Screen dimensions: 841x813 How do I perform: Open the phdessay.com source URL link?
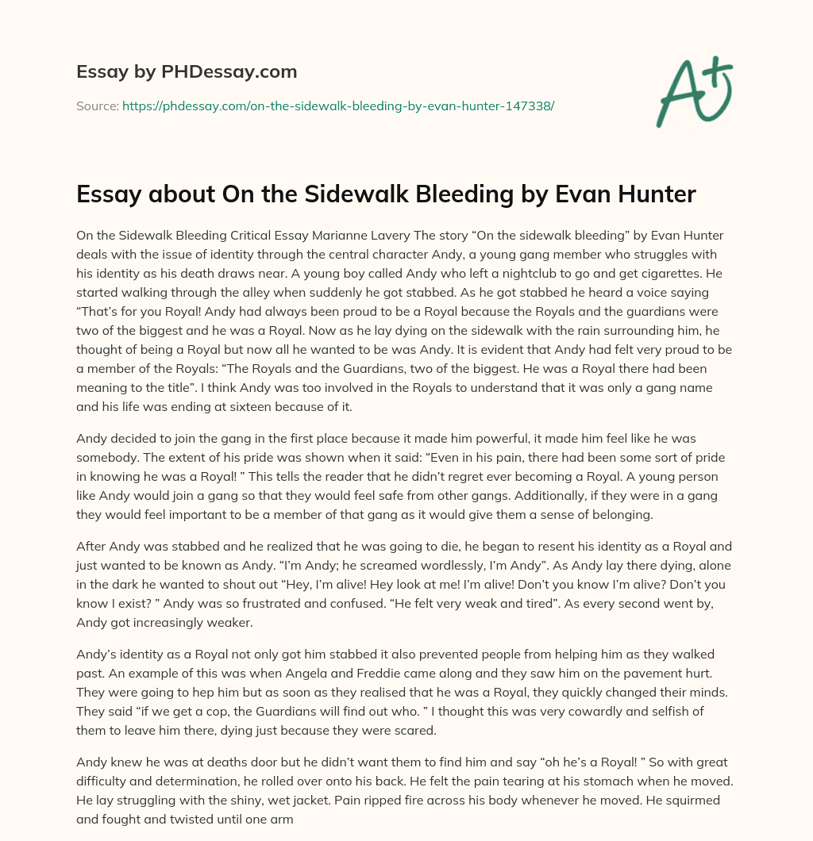[337, 106]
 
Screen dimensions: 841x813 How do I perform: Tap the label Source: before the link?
[97, 106]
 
